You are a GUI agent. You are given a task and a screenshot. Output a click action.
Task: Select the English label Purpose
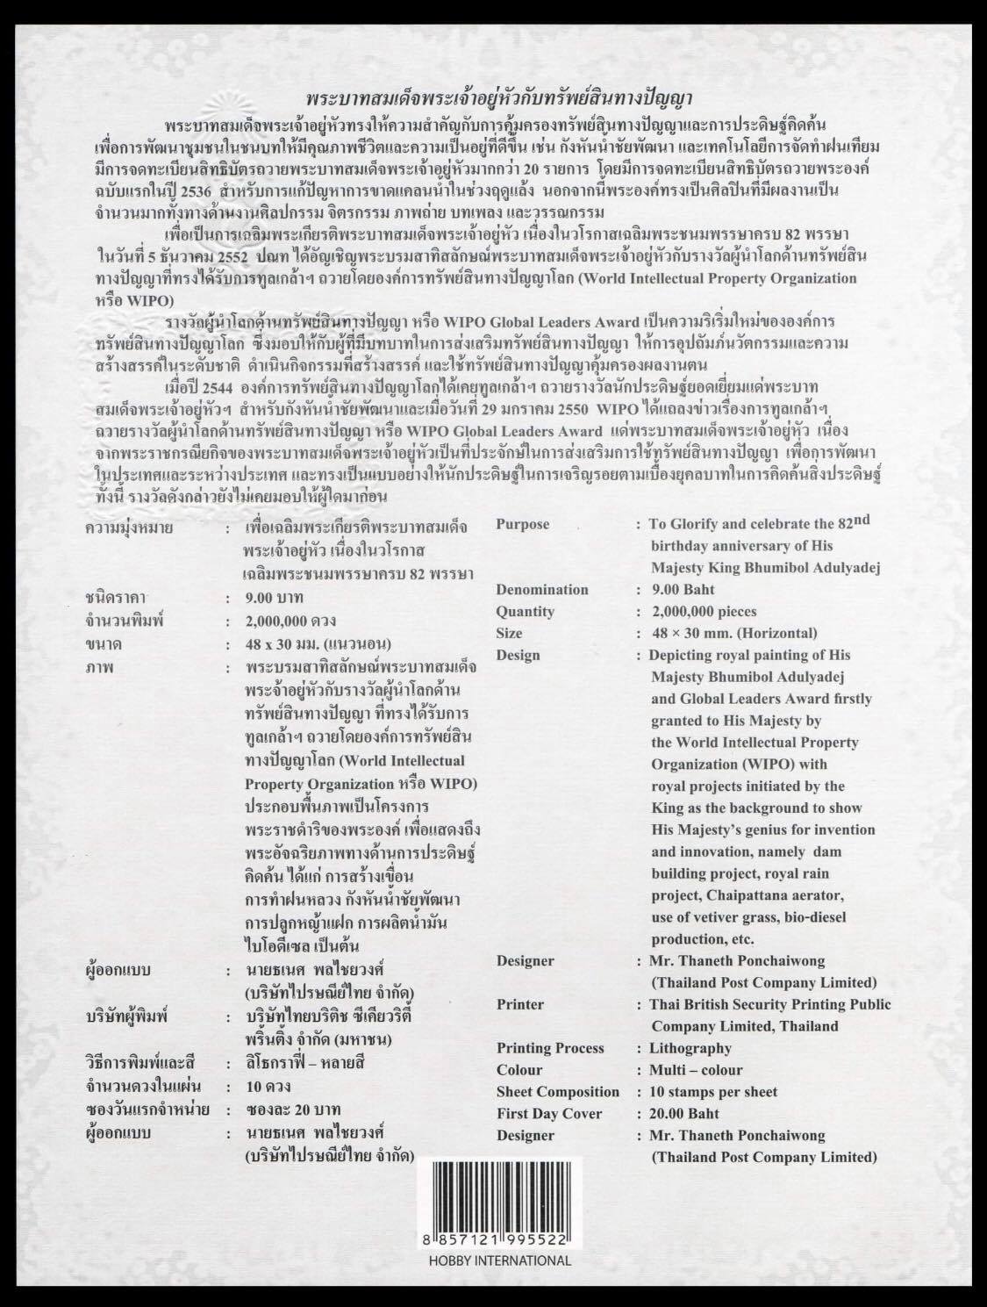click(522, 524)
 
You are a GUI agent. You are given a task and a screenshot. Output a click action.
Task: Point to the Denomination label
click(541, 590)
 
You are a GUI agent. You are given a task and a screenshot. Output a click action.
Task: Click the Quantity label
click(525, 612)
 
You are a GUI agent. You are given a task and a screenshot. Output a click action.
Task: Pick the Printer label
click(519, 1004)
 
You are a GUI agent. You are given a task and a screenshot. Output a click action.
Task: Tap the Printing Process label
click(550, 1048)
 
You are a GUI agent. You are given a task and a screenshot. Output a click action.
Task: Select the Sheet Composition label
click(557, 1092)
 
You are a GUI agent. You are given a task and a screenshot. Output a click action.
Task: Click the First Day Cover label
click(549, 1114)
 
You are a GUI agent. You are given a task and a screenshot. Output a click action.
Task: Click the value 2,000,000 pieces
click(702, 612)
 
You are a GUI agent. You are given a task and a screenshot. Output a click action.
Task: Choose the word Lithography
click(690, 1048)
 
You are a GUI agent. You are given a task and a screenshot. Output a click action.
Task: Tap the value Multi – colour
click(695, 1070)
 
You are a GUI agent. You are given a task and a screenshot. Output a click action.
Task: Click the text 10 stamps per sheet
click(712, 1092)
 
